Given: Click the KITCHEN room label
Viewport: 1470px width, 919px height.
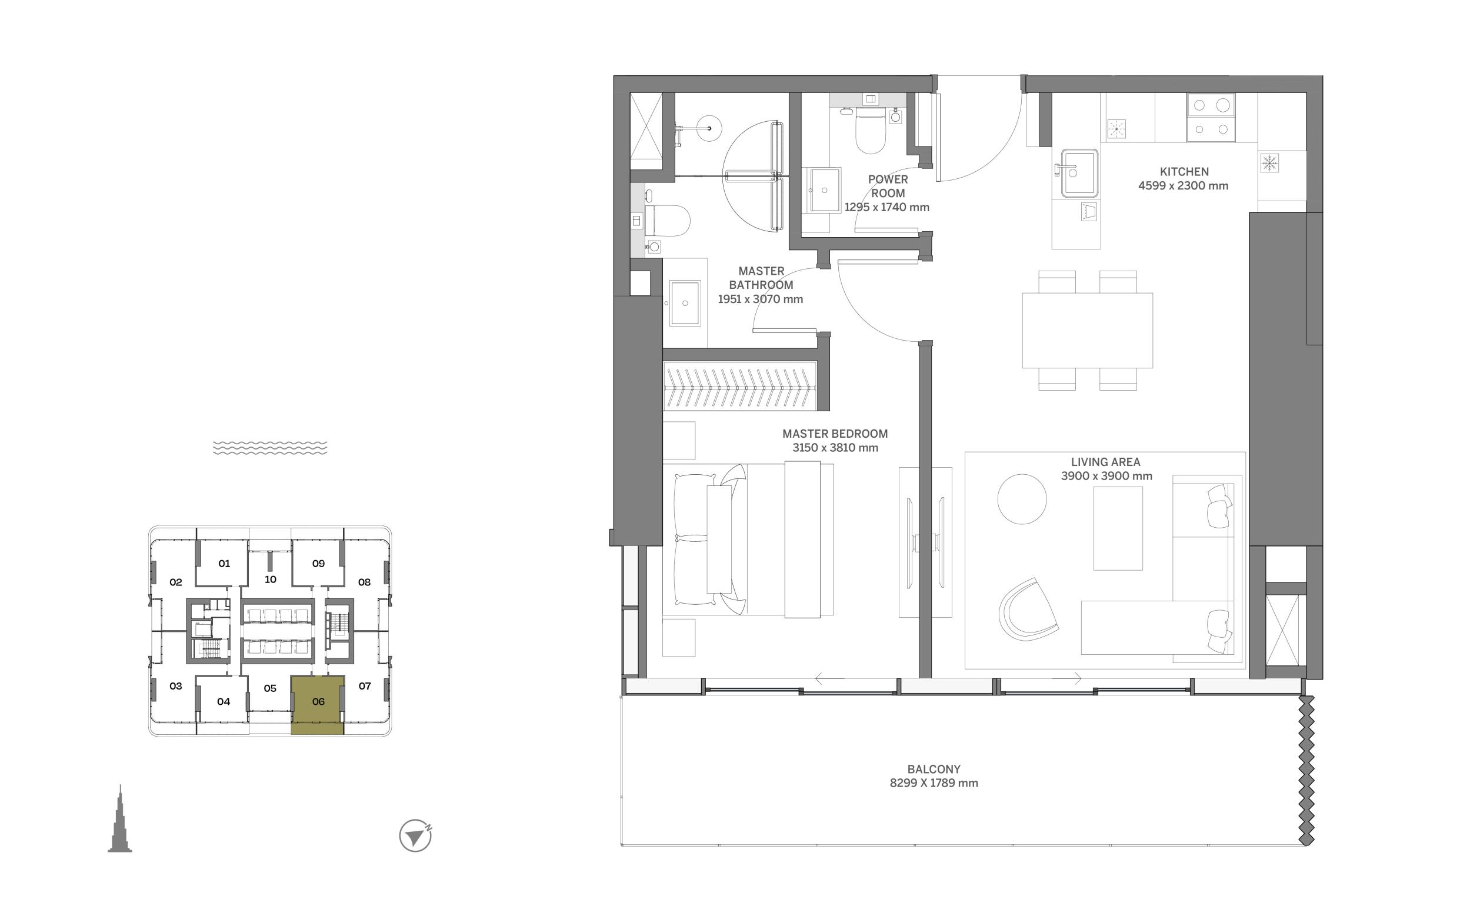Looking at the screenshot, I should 1184,172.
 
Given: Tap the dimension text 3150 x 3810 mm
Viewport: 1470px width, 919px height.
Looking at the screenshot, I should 835,448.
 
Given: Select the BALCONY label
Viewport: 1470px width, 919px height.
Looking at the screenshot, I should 934,769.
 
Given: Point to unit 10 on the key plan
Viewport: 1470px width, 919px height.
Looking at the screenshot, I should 271,580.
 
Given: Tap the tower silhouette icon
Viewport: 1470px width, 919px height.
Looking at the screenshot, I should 120,821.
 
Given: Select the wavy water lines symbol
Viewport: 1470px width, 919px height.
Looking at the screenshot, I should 270,448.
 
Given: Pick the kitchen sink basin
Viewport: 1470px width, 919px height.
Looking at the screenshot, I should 1079,173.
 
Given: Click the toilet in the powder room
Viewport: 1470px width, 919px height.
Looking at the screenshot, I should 870,131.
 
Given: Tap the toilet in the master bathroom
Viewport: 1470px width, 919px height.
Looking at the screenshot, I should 666,221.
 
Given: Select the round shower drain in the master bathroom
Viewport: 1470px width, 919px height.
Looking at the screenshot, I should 709,129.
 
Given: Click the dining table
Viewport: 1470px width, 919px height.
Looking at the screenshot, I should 1087,331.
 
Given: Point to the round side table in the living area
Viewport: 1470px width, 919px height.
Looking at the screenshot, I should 1022,499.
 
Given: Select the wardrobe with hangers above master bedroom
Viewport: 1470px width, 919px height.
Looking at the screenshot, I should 739,386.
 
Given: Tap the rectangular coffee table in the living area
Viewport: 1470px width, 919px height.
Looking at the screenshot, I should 1118,528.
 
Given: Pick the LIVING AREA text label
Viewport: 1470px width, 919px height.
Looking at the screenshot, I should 1105,462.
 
